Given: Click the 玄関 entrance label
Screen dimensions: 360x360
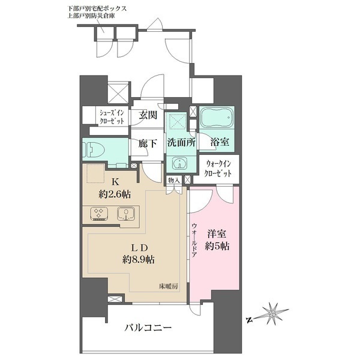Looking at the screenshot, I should point(148,115).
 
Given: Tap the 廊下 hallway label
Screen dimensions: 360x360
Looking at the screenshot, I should point(148,144).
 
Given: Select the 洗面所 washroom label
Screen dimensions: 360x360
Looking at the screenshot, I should point(180,144).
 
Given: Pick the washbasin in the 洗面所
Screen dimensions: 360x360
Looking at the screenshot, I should point(178,164).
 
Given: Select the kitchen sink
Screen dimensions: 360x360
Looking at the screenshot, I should point(125,214).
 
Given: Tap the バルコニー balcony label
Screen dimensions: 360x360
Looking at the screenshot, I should point(148,328).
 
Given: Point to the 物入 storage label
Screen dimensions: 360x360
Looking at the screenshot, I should point(173,180).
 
